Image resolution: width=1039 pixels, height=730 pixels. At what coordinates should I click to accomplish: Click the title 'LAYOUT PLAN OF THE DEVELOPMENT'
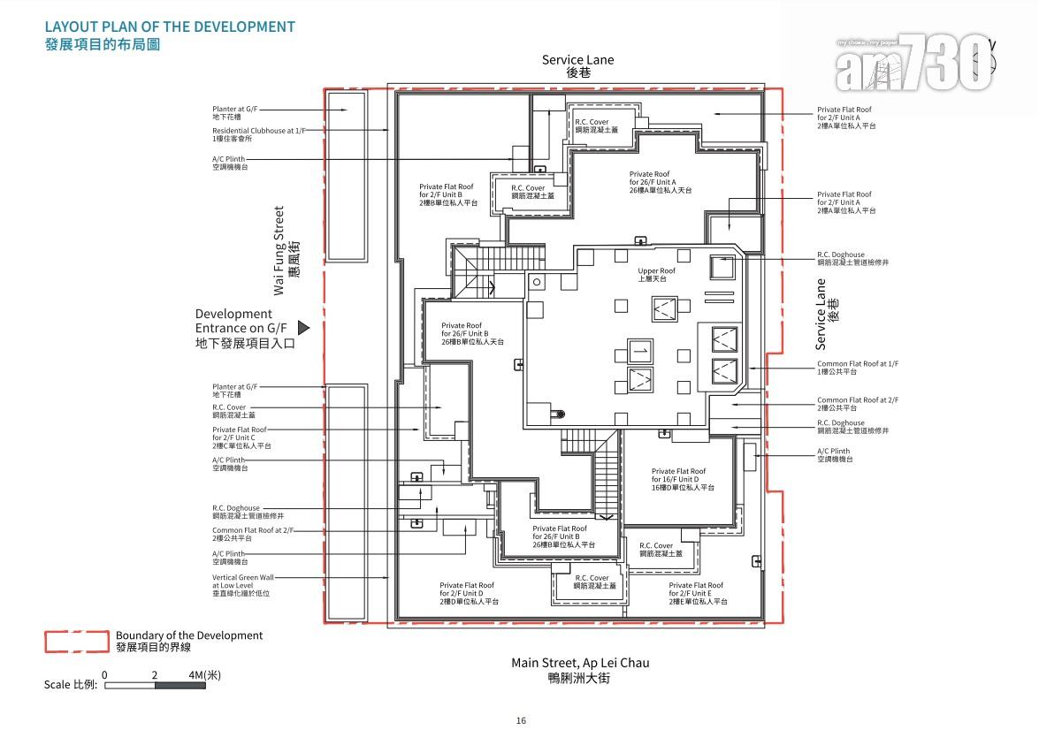pos(170,27)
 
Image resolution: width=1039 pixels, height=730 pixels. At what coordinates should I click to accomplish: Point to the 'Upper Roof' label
pos(656,275)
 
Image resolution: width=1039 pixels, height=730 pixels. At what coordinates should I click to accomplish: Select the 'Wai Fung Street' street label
pos(279,251)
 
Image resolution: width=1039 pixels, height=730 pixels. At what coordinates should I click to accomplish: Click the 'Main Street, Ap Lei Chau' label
pos(579,663)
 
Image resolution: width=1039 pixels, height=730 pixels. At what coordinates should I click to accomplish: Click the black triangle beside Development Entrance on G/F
pos(303,328)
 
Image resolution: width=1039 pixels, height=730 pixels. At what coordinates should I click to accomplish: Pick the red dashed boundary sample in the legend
pos(79,642)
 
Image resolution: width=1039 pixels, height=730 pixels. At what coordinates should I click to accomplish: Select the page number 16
pos(521,720)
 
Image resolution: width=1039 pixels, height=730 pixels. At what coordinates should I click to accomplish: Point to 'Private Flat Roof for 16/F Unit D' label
pos(678,479)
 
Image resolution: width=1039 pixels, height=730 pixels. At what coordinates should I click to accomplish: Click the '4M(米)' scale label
pos(204,675)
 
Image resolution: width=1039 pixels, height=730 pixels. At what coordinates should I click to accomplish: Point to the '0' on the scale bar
pos(104,675)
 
